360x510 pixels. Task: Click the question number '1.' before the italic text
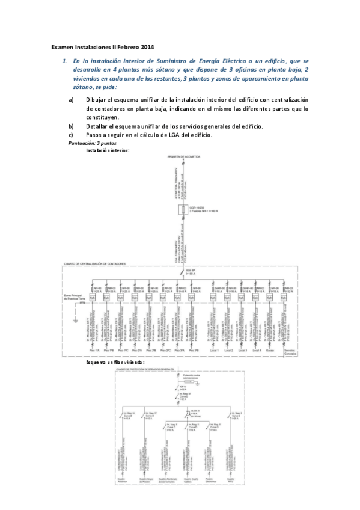65,61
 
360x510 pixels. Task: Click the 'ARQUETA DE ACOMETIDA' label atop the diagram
183,156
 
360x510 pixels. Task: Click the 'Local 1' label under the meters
213,350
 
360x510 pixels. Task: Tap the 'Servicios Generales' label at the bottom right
289,352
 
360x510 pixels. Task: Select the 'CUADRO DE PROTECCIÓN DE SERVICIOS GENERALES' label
148,369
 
